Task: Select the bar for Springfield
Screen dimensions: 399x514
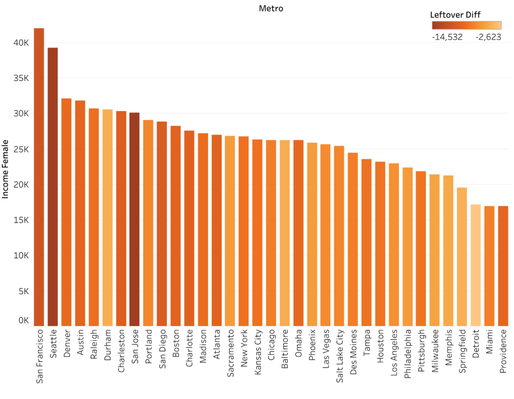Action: (462, 257)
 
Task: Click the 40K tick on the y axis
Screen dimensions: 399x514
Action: (21, 43)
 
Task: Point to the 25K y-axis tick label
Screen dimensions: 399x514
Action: (21, 149)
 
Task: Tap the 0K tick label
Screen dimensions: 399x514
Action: (23, 320)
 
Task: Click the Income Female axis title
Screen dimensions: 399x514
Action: (6, 169)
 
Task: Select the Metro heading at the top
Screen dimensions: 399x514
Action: (271, 8)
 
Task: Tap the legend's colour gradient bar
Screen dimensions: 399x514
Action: (466, 26)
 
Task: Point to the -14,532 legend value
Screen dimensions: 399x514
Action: (447, 37)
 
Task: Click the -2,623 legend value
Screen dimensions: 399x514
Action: (488, 37)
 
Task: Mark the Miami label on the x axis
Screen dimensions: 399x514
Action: (489, 344)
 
